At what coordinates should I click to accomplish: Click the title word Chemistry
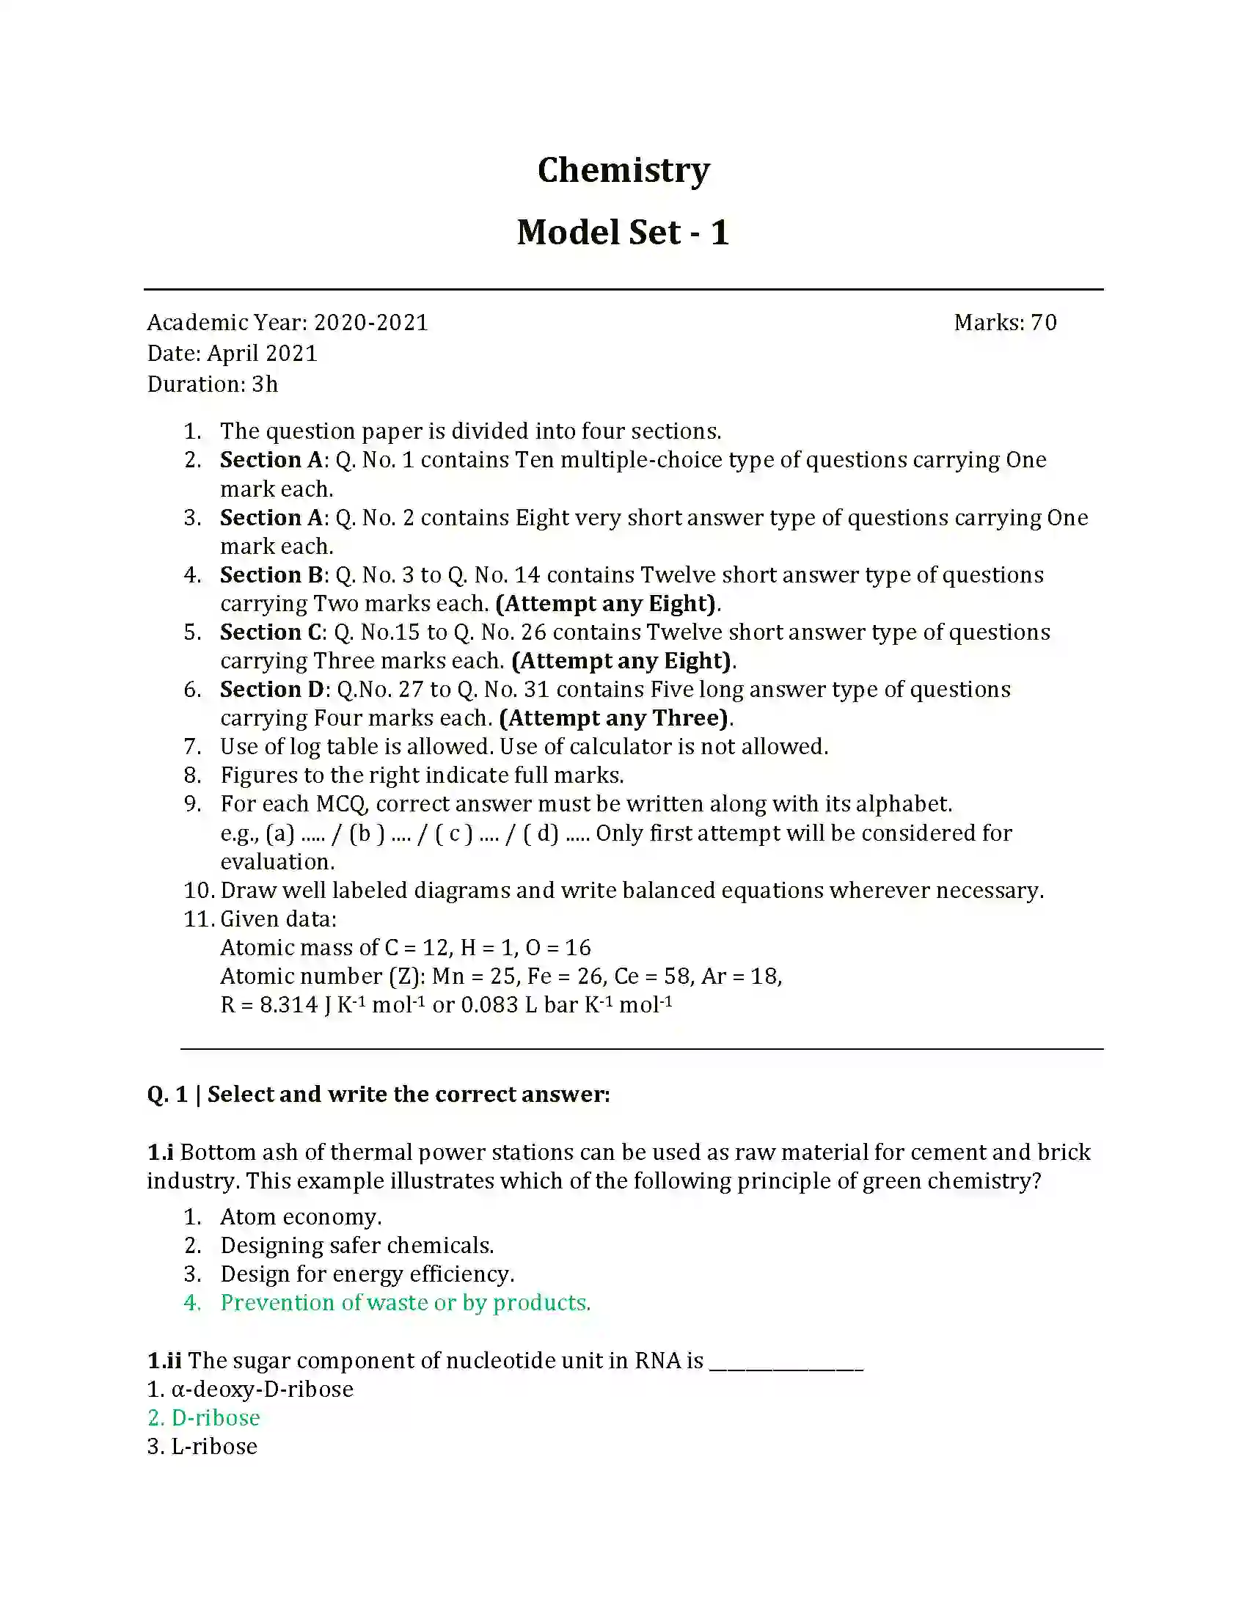click(x=623, y=171)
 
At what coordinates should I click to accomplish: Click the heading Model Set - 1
click(x=623, y=233)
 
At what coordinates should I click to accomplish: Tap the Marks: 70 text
click(x=1005, y=323)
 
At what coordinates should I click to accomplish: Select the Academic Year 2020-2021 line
click(x=288, y=323)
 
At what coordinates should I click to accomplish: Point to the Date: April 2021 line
click(x=232, y=354)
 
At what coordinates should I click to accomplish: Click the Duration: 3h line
click(x=212, y=385)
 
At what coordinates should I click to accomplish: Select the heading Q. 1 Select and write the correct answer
click(x=379, y=1095)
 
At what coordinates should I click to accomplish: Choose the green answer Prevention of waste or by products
click(x=405, y=1303)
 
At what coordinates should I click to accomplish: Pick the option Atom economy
click(x=301, y=1217)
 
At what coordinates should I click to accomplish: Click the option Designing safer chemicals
click(x=356, y=1246)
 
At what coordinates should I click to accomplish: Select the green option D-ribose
click(x=215, y=1418)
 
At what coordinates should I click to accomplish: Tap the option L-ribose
click(x=213, y=1447)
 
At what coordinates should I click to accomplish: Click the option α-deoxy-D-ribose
click(x=262, y=1390)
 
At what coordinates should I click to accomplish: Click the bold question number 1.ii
click(x=164, y=1360)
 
